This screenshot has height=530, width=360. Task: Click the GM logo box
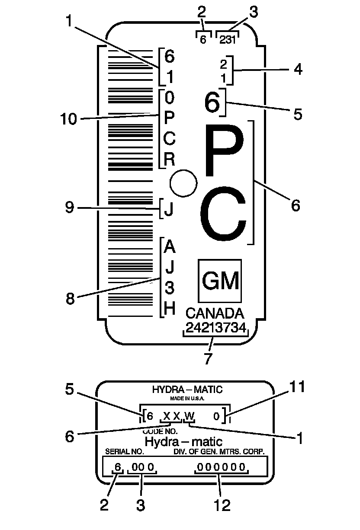coord(219,281)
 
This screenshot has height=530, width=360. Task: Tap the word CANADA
coord(215,313)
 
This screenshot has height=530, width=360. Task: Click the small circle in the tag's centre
coord(183,182)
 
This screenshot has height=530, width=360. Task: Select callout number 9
coord(70,208)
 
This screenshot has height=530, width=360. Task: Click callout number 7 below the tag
coord(209,358)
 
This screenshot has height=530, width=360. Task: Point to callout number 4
coord(298,69)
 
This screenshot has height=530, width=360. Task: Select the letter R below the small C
coord(170,160)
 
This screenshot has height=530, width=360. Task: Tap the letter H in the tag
coord(170,309)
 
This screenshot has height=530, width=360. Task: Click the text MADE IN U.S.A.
coord(187,398)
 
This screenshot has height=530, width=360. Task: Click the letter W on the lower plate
coord(189,416)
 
